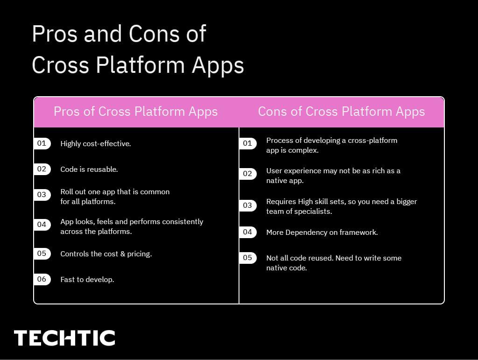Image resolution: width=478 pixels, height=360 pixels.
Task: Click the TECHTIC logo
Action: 64,338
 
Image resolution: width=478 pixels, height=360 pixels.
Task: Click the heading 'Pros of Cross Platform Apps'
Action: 135,112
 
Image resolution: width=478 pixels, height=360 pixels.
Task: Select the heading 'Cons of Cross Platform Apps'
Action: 341,112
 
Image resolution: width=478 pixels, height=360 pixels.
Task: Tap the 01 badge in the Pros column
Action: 42,143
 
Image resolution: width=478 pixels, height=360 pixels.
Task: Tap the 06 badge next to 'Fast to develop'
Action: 42,279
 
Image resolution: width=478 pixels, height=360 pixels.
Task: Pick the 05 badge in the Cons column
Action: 247,258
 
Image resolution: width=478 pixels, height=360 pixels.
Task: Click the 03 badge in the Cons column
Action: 247,205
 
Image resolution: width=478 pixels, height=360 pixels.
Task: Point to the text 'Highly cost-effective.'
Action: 96,144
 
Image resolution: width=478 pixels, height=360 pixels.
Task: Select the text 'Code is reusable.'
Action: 89,169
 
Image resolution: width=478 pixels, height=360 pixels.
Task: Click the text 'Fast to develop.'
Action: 87,280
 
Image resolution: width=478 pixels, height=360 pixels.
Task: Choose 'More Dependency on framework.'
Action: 322,233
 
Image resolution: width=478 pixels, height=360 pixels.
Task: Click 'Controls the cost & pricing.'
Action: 106,254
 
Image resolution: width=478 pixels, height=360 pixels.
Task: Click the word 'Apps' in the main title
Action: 218,65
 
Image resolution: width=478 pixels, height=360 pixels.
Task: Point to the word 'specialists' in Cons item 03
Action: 313,212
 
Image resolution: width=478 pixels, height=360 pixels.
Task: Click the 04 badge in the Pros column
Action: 42,225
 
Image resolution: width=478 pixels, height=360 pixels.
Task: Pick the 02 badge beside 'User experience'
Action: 247,174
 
